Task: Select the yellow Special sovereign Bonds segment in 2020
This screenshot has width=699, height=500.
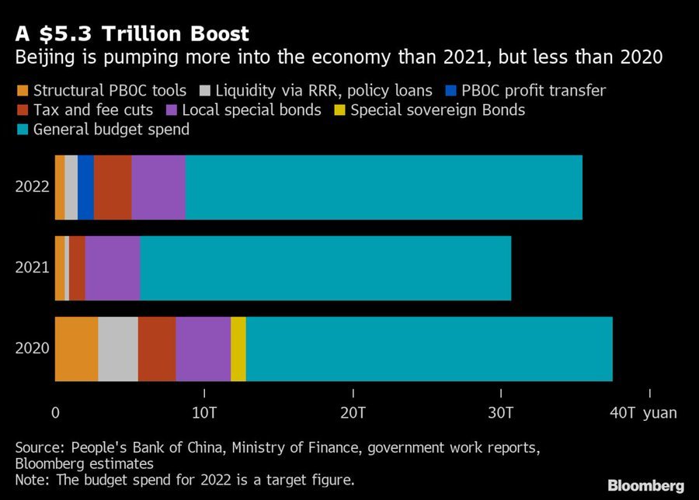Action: tap(238, 349)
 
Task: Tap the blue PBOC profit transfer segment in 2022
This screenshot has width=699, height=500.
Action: tap(85, 187)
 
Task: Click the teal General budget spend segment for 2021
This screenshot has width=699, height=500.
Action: tap(325, 268)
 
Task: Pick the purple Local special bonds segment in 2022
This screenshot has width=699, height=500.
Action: tap(158, 187)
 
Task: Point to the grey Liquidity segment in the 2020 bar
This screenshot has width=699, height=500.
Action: tap(118, 349)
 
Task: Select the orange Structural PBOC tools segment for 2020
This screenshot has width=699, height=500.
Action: tap(76, 349)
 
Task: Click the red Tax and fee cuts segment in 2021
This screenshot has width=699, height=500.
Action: tap(77, 268)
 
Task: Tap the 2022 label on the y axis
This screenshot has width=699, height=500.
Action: tap(32, 187)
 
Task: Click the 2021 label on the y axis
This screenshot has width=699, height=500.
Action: tap(32, 268)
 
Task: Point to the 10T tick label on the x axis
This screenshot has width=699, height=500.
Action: tap(203, 413)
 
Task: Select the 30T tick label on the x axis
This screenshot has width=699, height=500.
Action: tap(501, 413)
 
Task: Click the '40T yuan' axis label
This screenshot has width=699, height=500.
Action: tap(643, 413)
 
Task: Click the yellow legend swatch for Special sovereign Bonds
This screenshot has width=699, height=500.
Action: tap(339, 110)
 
